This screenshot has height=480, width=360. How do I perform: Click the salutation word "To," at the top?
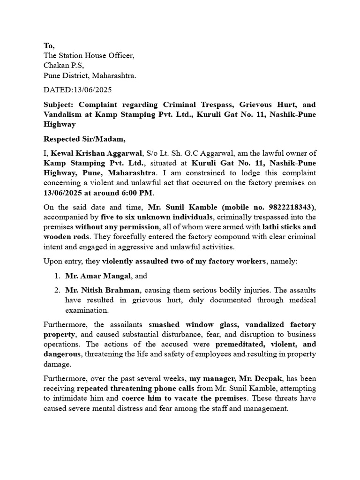49,45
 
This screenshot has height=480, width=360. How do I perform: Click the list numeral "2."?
57,291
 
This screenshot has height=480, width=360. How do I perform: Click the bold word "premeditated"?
241,344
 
